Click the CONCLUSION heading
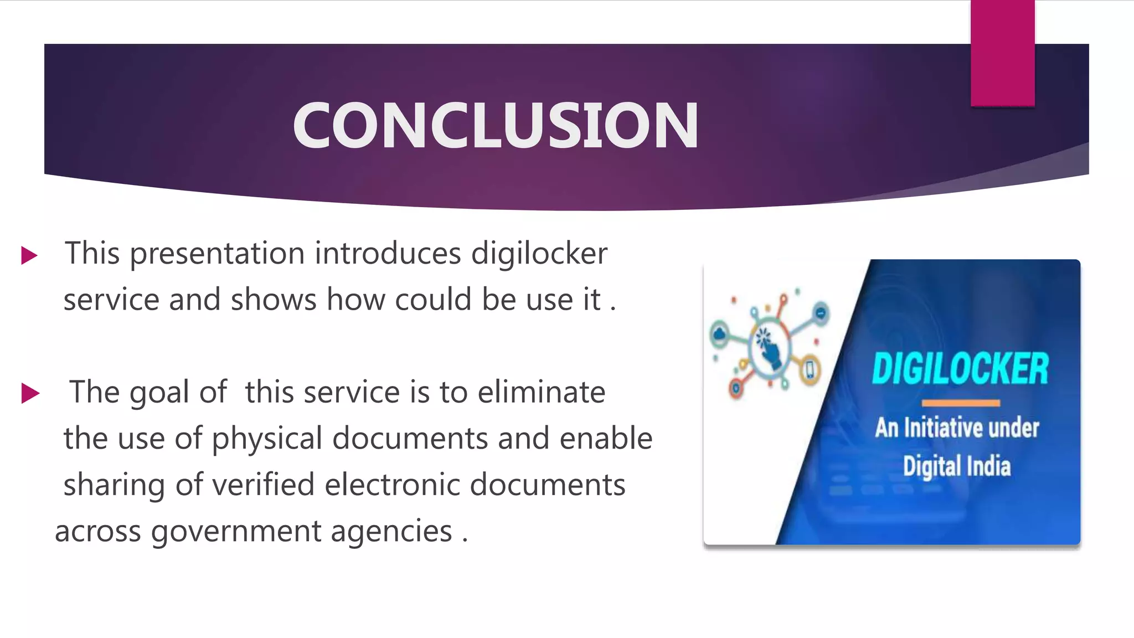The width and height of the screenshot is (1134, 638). coord(496,126)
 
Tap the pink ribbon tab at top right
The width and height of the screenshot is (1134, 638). coord(1002,53)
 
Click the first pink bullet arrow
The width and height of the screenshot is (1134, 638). coord(29,256)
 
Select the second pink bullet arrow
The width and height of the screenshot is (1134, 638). coord(30,394)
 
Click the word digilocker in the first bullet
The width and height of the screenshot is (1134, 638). coord(539,254)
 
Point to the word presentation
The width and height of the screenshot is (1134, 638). coord(217,254)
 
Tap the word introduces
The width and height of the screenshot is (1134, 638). coord(388,254)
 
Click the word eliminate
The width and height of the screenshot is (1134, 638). coord(541,392)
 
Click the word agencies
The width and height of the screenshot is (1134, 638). coord(391,532)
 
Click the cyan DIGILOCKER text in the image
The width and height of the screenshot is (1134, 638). coord(960,369)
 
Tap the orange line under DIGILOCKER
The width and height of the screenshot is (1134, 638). coord(961,403)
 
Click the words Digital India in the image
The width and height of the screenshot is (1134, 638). coord(956,466)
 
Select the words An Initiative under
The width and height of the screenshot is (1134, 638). coord(957,428)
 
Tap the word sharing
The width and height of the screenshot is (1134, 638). coord(114,486)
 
